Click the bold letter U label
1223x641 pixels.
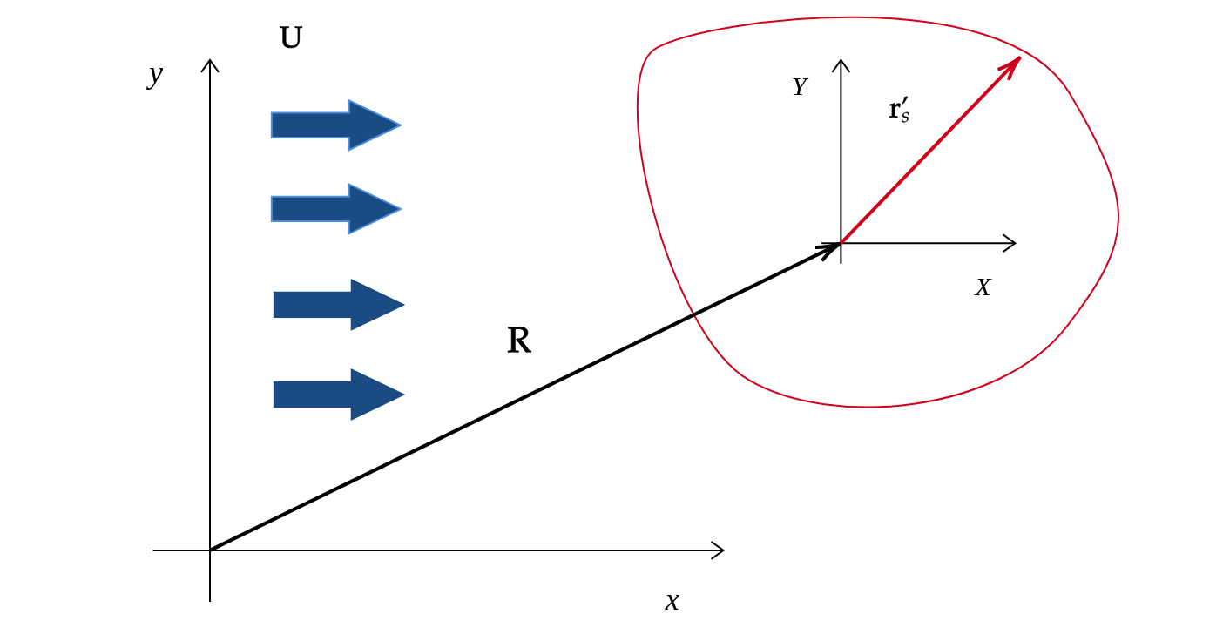pos(291,37)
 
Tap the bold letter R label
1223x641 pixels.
pos(518,341)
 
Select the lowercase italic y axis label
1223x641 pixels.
pos(155,76)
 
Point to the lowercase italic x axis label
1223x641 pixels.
pos(672,602)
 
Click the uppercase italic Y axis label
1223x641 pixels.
pos(800,87)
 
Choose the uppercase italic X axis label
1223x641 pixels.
pos(983,287)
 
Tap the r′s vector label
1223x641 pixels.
pos(899,111)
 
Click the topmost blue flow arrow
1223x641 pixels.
pos(336,125)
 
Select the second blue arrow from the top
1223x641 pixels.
pos(336,208)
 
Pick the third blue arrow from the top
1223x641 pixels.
pos(339,305)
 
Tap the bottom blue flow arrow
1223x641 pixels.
pos(339,395)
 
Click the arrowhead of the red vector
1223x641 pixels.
pos(1011,66)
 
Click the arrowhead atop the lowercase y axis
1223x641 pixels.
pos(210,65)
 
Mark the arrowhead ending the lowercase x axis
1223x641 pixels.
pos(718,550)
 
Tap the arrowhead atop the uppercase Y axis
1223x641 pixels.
pos(841,65)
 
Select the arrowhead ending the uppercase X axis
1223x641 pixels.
pos(1010,243)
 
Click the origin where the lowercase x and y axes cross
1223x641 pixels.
pos(210,550)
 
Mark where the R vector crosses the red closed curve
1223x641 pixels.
pos(693,314)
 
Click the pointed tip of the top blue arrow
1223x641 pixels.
pos(402,125)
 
